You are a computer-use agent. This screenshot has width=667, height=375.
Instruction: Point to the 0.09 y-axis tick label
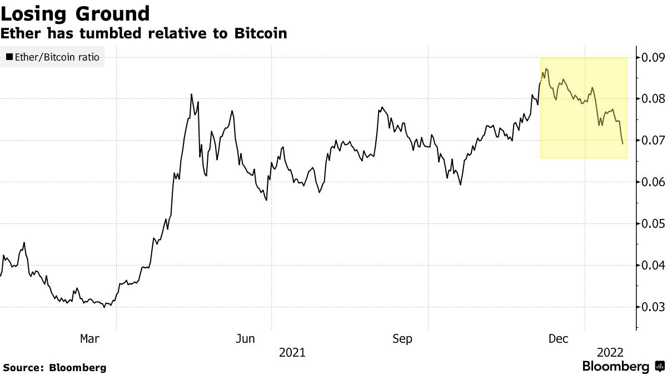coord(653,57)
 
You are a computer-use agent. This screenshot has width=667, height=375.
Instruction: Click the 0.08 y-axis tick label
coord(653,99)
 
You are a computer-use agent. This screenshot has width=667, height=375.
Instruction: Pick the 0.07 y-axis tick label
coord(653,141)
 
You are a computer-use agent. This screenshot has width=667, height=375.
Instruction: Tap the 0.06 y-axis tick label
coord(653,182)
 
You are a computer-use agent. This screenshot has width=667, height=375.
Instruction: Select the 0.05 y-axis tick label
coord(653,224)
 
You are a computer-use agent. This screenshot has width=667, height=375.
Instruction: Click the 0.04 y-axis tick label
coord(653,266)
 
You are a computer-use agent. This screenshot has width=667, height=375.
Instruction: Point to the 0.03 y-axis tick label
coord(653,307)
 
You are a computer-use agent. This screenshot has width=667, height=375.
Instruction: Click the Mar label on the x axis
coord(90,338)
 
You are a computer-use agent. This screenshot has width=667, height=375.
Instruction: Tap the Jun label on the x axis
coord(245,338)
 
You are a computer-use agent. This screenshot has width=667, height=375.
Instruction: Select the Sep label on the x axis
coord(402,338)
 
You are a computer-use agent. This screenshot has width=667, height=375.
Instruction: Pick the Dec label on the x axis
coord(559,338)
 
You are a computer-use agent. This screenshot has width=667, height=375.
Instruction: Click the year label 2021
coord(292,352)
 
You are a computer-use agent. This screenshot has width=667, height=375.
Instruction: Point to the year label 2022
coord(610,352)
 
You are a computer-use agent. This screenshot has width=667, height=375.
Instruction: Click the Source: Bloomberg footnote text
coord(54,367)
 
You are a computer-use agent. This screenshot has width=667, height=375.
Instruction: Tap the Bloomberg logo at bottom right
coord(623,367)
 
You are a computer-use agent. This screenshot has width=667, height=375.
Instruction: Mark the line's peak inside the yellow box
coord(546,69)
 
